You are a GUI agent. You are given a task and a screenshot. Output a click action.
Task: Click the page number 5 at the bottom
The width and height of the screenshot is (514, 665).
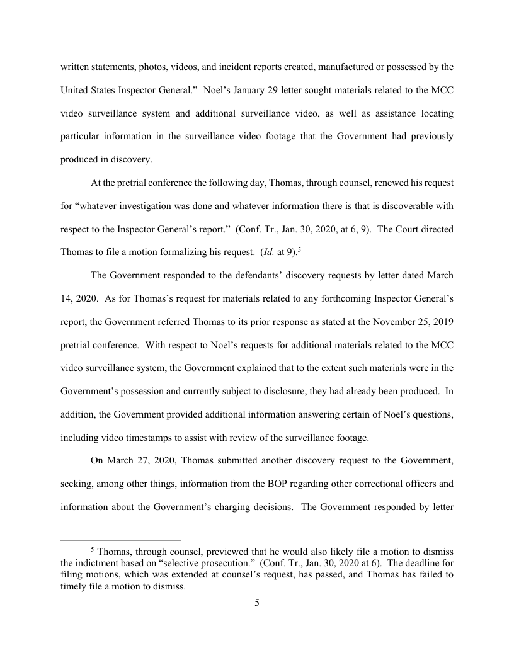tap(257, 603)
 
